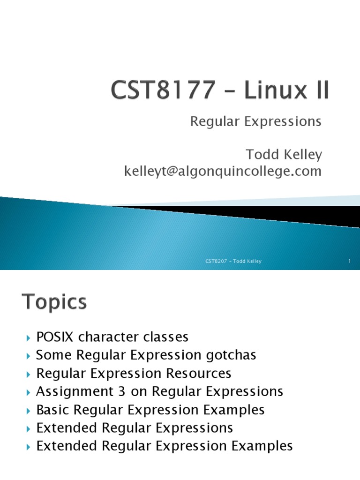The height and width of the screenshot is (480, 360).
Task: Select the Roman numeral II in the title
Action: [321, 91]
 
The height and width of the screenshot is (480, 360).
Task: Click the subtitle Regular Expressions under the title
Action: [255, 121]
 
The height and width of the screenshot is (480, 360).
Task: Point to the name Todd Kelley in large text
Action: [284, 154]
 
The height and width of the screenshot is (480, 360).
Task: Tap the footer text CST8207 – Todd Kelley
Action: [233, 261]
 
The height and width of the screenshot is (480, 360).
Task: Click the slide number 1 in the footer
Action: [350, 261]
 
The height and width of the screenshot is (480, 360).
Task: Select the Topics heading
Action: [54, 302]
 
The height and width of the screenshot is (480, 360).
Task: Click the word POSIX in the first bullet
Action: [55, 337]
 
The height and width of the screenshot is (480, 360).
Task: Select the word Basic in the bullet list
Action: [52, 410]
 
